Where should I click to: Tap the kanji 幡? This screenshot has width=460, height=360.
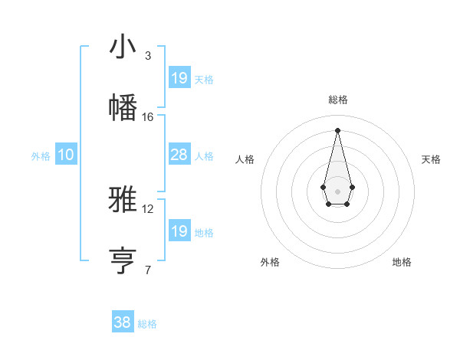(x=123, y=106)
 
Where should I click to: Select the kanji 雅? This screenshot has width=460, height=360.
(x=123, y=198)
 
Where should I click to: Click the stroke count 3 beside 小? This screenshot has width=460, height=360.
(x=147, y=56)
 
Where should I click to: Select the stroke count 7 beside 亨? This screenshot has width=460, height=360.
(x=147, y=270)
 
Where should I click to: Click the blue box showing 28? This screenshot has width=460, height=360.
(x=179, y=155)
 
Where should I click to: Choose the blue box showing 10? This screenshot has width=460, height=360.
(x=66, y=155)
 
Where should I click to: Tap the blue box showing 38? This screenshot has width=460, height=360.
(x=123, y=322)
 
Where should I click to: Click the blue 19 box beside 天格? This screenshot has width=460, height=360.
(x=179, y=78)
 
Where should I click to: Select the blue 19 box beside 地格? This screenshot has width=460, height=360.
(x=179, y=231)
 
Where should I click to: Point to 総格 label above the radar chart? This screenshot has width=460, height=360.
(x=338, y=100)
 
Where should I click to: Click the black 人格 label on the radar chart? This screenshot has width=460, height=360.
(x=245, y=159)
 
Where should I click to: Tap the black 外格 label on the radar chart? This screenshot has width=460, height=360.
(x=270, y=262)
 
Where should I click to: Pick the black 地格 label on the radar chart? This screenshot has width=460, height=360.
(x=402, y=262)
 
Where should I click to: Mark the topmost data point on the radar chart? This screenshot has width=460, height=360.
(x=337, y=129)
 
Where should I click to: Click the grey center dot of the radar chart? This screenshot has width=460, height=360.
(x=337, y=190)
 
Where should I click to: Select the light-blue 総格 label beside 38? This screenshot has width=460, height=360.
(x=147, y=324)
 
